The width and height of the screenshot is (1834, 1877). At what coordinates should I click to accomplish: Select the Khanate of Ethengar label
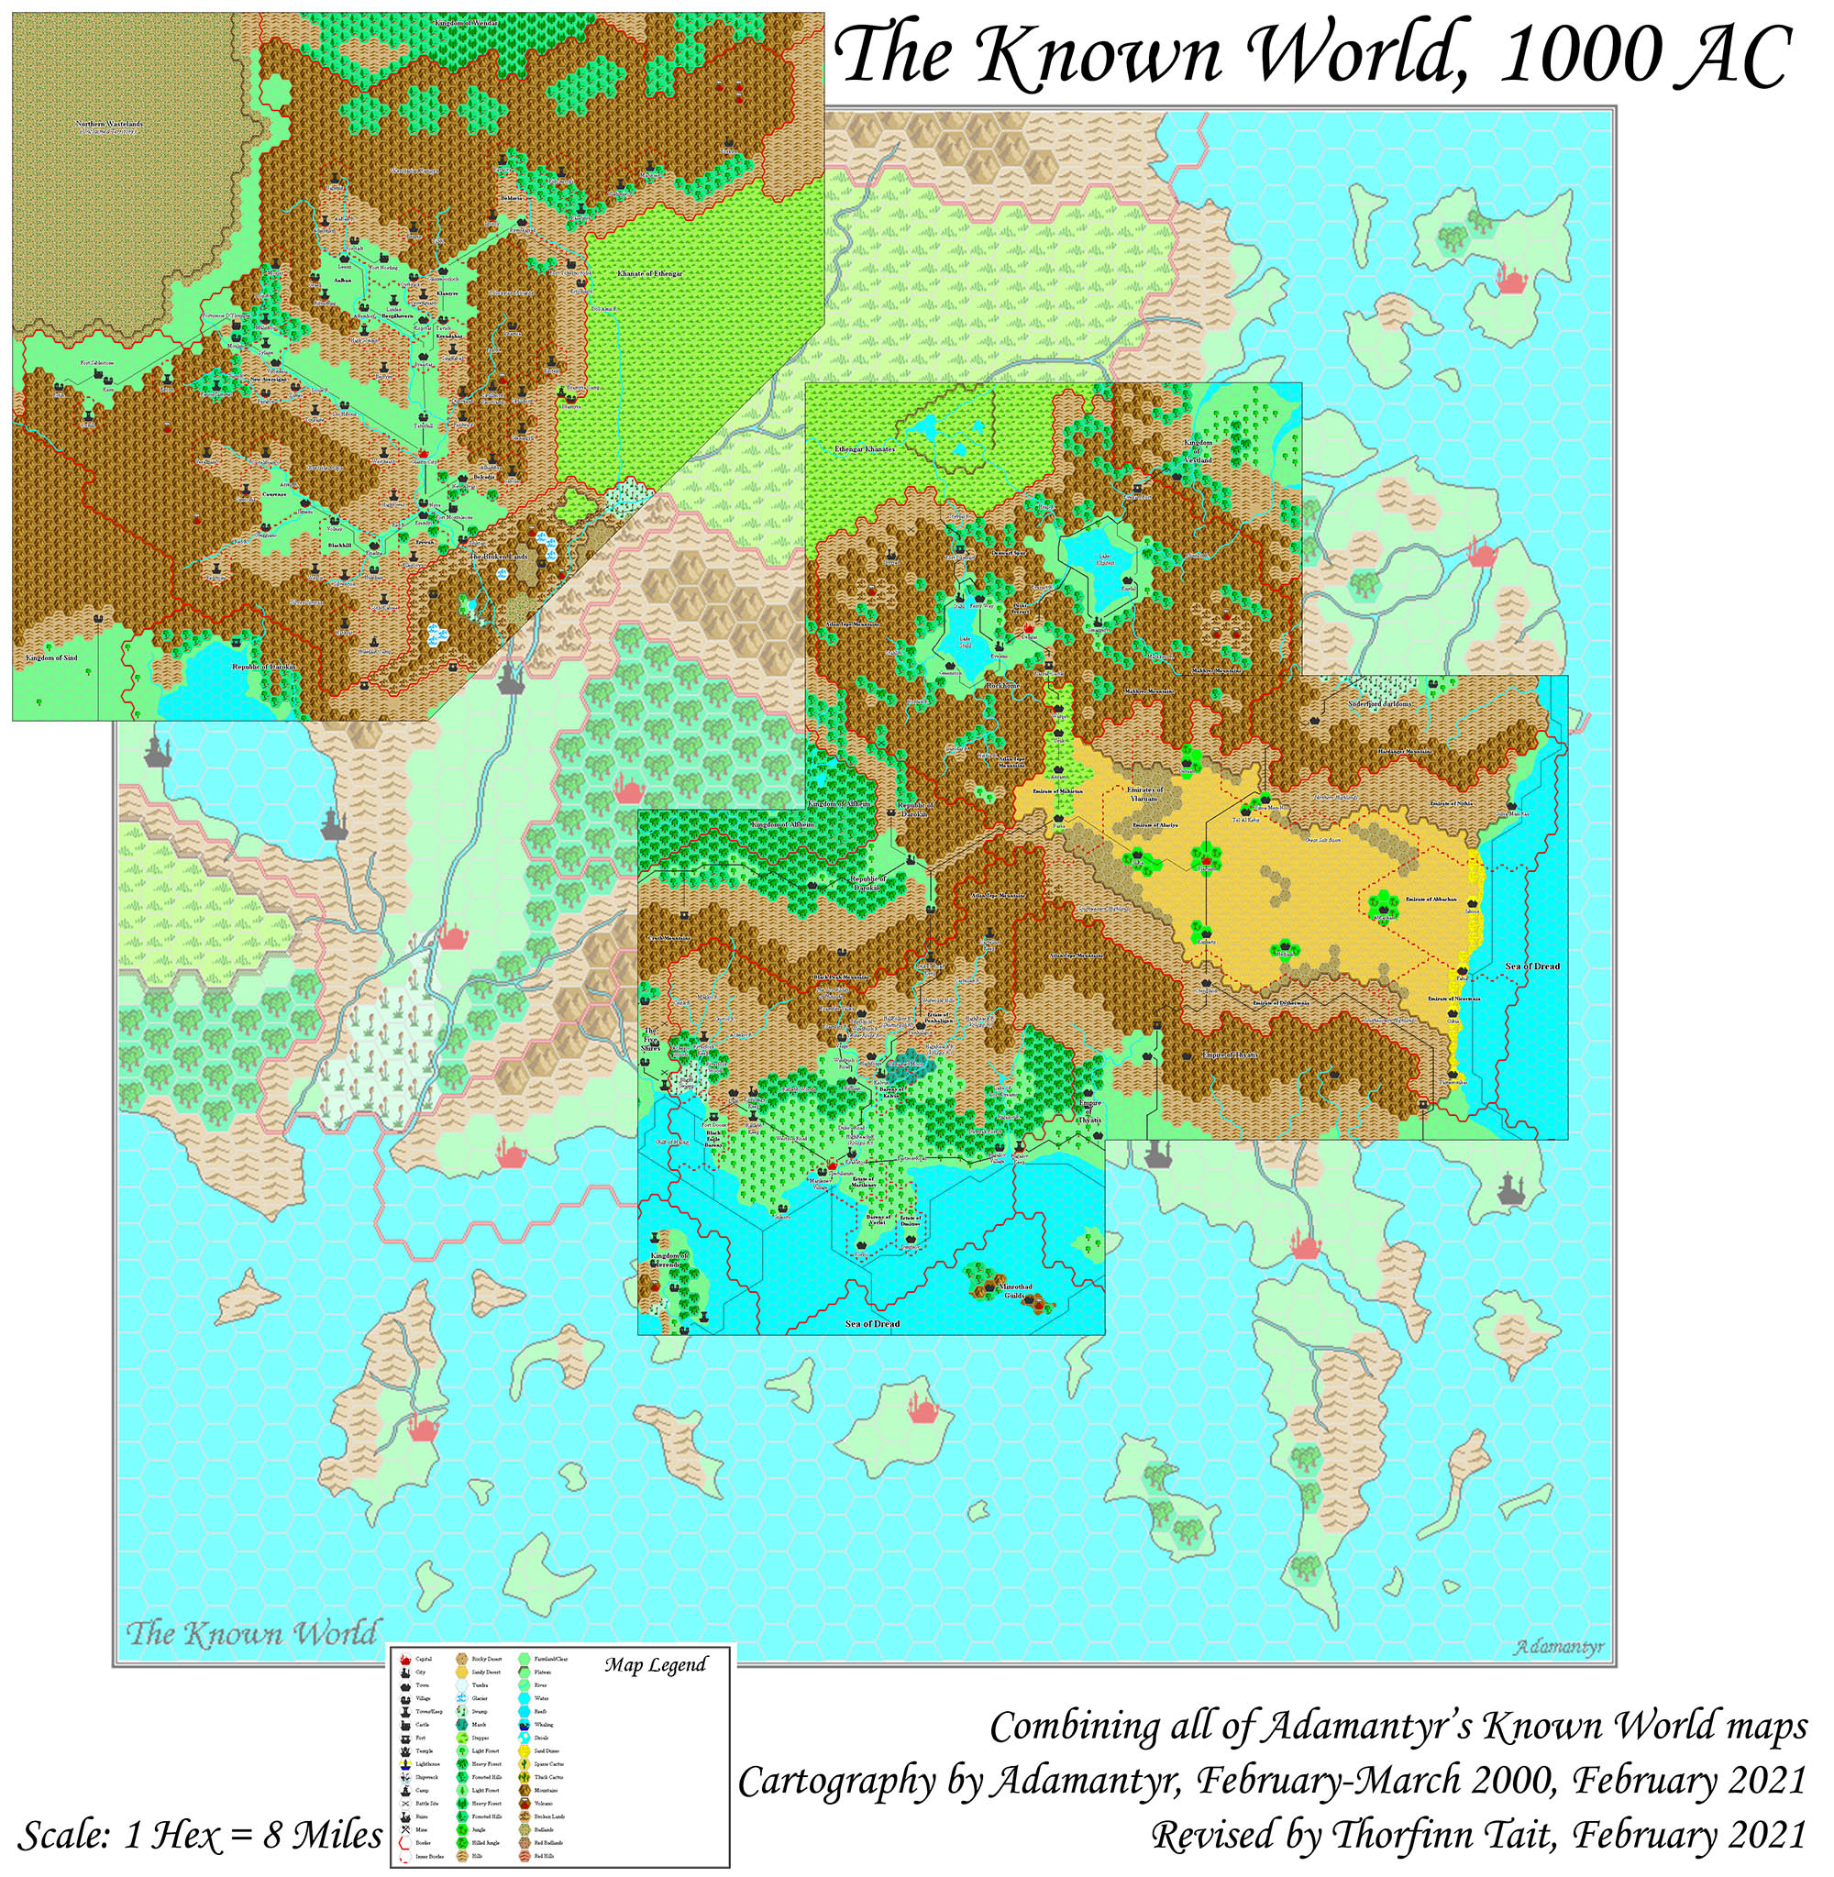(x=650, y=274)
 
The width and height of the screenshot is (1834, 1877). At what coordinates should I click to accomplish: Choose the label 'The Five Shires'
(x=652, y=1043)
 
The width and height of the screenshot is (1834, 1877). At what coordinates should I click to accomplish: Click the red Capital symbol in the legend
(x=405, y=1661)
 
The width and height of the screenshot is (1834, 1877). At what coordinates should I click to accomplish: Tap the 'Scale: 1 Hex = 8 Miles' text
(x=200, y=1835)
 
